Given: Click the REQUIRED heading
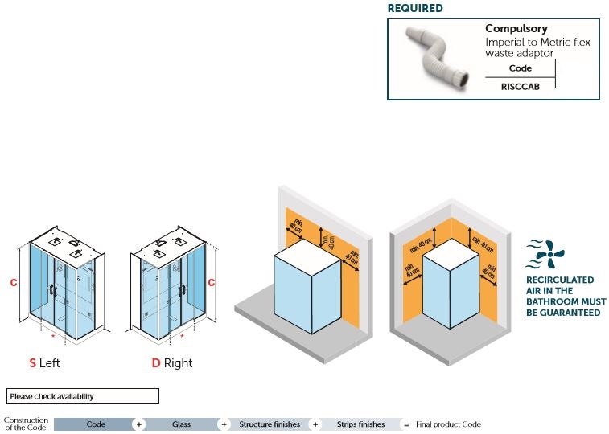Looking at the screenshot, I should tap(414, 9).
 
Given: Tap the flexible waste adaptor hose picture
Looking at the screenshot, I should tap(434, 59).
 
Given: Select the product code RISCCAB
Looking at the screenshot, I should tap(521, 84).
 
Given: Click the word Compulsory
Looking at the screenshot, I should tap(516, 29).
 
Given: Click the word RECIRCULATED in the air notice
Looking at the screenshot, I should tap(560, 280).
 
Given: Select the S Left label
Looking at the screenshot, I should tap(45, 363).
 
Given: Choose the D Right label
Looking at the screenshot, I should tap(172, 363).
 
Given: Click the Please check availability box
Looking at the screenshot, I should tap(83, 396).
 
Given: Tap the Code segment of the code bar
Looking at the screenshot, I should tap(96, 424).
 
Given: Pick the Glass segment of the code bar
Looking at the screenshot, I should tap(181, 424).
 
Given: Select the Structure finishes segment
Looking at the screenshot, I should tap(269, 424).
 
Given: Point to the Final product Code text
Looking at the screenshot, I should tap(448, 424).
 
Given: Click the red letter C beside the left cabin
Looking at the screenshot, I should tap(14, 282).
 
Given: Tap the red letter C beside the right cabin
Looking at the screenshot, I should tap(212, 282).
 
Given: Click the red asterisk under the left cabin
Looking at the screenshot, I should tap(53, 335).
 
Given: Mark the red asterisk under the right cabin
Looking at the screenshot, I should tap(181, 335).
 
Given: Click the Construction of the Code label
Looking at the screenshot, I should tap(26, 424).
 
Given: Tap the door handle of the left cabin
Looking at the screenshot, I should tap(52, 292).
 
